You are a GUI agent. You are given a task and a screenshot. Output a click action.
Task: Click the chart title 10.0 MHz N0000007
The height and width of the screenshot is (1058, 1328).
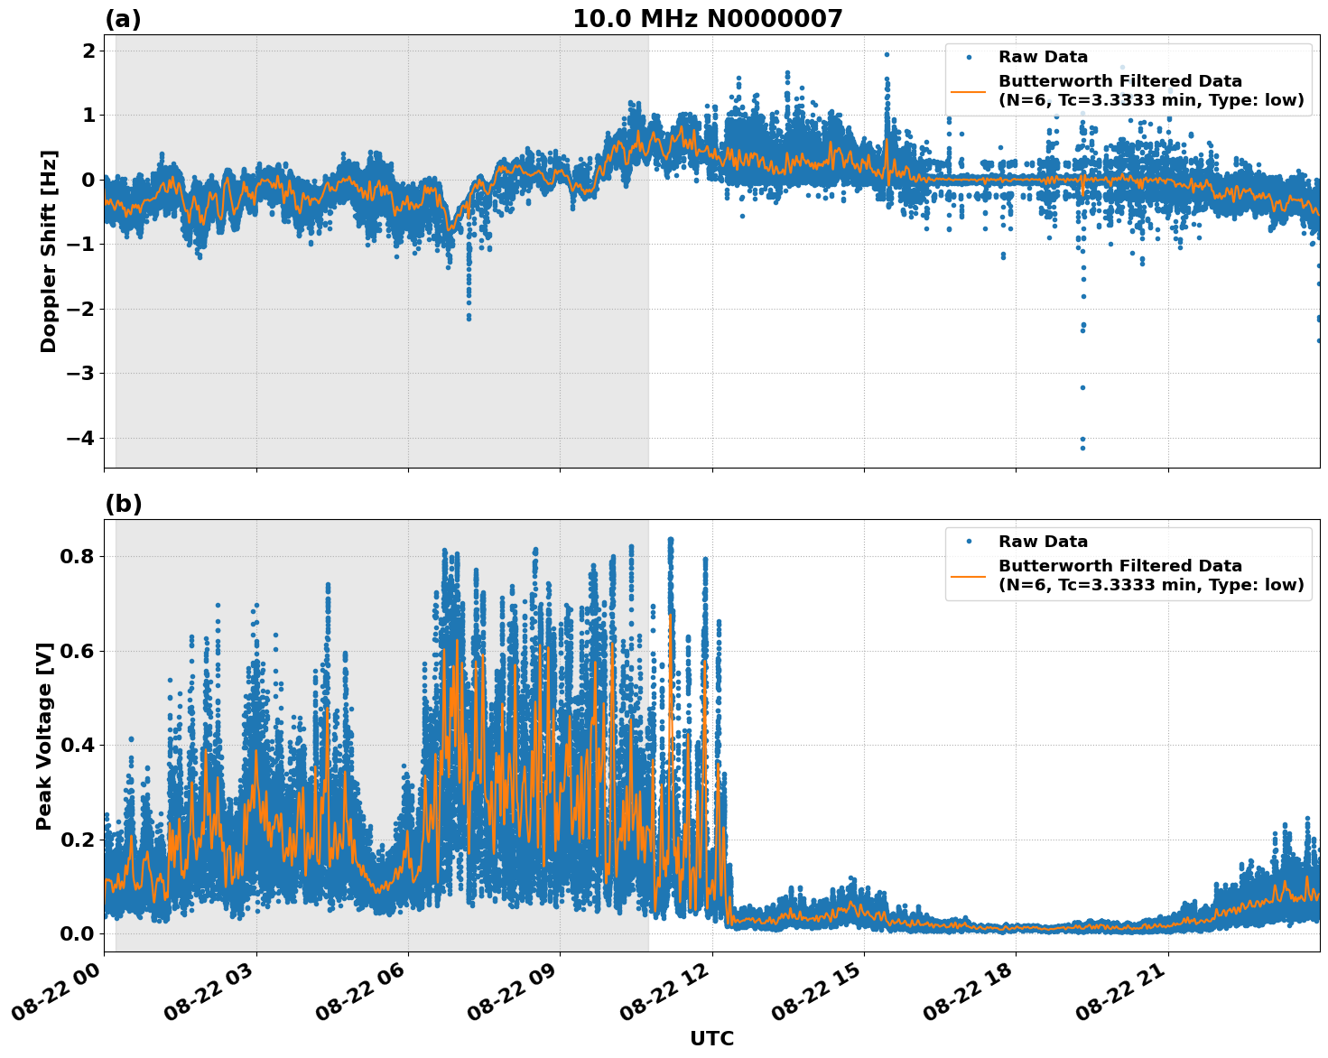pyautogui.click(x=707, y=19)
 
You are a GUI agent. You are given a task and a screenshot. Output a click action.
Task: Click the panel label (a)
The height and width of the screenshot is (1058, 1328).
pyautogui.click(x=123, y=19)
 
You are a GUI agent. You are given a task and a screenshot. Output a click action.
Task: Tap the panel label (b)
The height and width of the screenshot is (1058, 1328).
pyautogui.click(x=123, y=504)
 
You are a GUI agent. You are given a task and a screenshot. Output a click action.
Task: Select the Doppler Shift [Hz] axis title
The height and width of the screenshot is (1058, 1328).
pyautogui.click(x=49, y=251)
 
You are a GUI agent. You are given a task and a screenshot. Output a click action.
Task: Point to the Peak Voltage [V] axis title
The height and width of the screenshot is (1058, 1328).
pyautogui.click(x=44, y=736)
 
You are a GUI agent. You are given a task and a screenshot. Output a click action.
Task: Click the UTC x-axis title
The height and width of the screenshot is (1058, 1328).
pyautogui.click(x=711, y=1038)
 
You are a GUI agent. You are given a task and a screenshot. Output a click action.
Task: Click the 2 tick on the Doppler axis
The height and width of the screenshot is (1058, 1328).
pyautogui.click(x=88, y=51)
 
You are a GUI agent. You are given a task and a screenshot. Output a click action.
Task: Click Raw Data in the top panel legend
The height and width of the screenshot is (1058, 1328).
pyautogui.click(x=1043, y=57)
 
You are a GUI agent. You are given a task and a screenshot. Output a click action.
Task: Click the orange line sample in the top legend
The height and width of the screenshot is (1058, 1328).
pyautogui.click(x=968, y=90)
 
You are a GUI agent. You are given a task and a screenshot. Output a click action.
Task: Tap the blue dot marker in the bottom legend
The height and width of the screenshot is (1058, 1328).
pyautogui.click(x=968, y=542)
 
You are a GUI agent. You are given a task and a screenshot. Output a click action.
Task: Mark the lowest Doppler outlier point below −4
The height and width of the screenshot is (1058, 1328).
pyautogui.click(x=1082, y=448)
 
